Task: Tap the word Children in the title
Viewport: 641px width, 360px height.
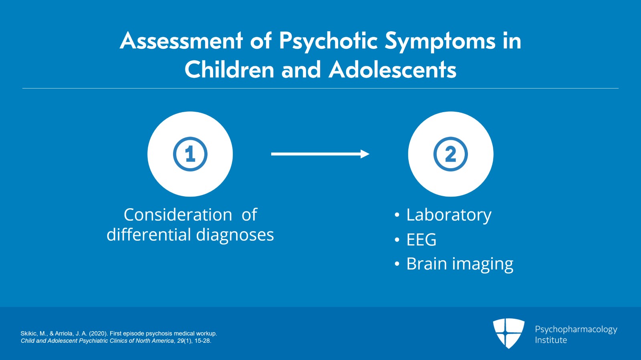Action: click(x=229, y=69)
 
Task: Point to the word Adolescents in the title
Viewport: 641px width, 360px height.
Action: click(x=392, y=69)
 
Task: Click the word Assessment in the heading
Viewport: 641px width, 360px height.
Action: click(x=181, y=40)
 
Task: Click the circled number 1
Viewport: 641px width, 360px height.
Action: click(x=190, y=154)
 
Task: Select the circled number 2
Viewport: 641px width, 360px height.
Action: click(x=451, y=154)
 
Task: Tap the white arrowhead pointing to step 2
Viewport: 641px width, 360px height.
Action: click(x=365, y=154)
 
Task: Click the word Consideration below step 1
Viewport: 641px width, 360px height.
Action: click(x=178, y=215)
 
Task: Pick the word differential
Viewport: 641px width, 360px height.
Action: click(x=149, y=235)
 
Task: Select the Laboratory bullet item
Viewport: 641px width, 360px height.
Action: click(x=449, y=215)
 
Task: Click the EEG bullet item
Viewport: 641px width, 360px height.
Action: click(x=421, y=239)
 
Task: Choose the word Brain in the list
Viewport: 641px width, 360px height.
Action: click(x=427, y=263)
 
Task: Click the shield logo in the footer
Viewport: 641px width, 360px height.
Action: click(x=508, y=333)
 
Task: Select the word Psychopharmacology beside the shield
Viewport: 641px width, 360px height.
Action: click(x=576, y=330)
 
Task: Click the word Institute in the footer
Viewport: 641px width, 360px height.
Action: click(x=551, y=340)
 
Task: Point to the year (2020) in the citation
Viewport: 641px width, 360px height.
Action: click(x=99, y=334)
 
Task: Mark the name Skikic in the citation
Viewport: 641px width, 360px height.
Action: click(x=29, y=334)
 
